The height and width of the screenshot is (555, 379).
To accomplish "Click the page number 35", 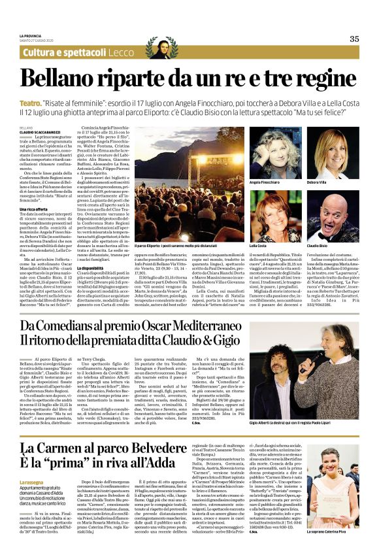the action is [x=354, y=39].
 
